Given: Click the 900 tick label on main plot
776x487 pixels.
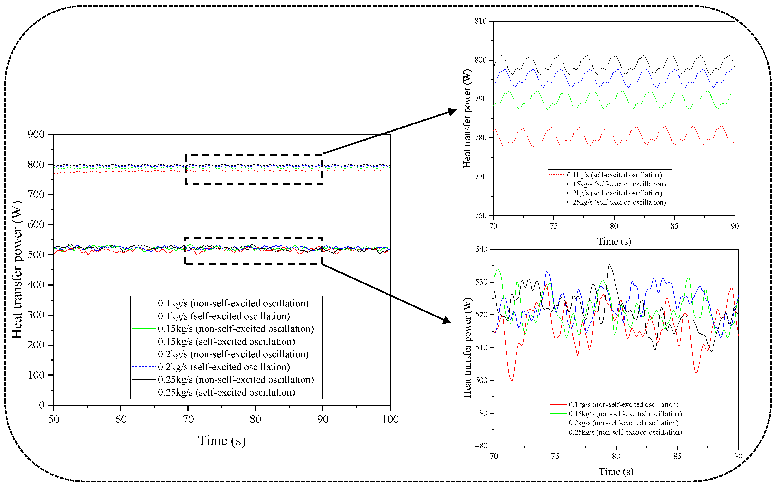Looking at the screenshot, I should pyautogui.click(x=36, y=135).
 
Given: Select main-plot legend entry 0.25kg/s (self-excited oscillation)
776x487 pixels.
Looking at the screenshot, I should pyautogui.click(x=226, y=392).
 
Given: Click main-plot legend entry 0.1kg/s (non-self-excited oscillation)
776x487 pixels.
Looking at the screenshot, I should pyautogui.click(x=233, y=303).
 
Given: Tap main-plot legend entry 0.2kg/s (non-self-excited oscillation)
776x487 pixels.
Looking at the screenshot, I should pyautogui.click(x=233, y=354).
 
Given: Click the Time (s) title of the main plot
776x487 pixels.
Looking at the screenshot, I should pyautogui.click(x=222, y=441).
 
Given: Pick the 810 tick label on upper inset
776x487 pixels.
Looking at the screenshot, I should pyautogui.click(x=480, y=21).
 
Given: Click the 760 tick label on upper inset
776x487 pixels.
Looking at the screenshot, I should pyautogui.click(x=480, y=215).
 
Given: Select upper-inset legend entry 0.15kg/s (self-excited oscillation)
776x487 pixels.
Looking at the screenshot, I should pyautogui.click(x=616, y=184).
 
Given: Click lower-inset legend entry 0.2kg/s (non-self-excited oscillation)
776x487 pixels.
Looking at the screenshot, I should pyautogui.click(x=623, y=423).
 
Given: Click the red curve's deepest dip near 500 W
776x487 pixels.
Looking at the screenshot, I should pyautogui.click(x=512, y=381).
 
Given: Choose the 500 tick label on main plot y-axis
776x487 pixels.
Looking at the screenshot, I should pyautogui.click(x=36, y=255).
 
